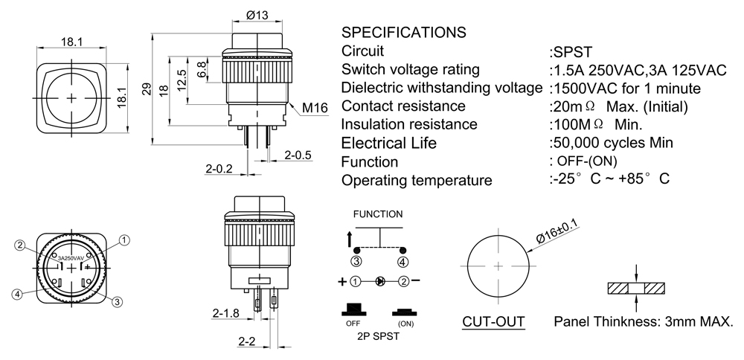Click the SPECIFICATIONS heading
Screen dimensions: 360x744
click(x=403, y=33)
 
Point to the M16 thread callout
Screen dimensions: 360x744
click(x=315, y=109)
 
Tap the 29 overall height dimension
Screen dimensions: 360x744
click(x=146, y=89)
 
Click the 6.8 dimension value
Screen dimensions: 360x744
click(x=202, y=69)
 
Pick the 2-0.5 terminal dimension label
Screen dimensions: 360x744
click(x=298, y=155)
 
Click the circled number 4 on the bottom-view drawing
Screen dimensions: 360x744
click(x=16, y=294)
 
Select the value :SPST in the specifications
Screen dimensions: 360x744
click(x=571, y=51)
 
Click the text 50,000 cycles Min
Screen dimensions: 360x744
click(x=612, y=143)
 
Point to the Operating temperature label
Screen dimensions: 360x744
click(x=417, y=180)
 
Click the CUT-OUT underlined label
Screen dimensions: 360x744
click(x=493, y=322)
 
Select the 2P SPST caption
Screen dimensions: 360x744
click(x=378, y=336)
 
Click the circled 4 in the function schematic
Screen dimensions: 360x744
click(x=403, y=261)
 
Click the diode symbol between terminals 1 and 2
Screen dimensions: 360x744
click(x=380, y=282)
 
